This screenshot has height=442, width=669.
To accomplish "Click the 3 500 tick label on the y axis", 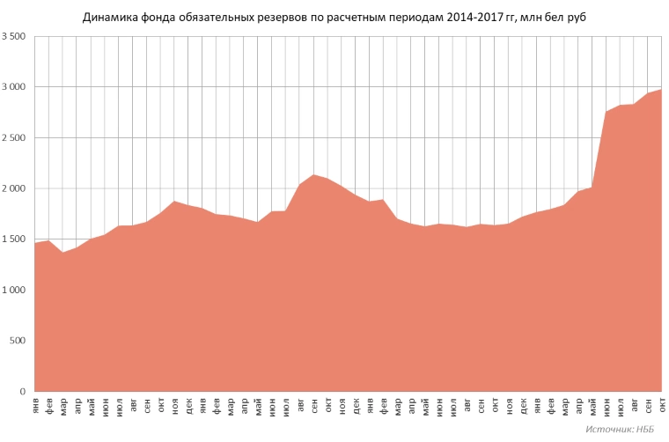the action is pos(14,36).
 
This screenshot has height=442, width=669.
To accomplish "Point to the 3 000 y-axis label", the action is pos(14,87).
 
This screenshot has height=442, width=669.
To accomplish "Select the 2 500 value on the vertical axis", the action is pos(14,138).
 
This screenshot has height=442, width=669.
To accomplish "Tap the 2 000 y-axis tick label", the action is pos(14,188).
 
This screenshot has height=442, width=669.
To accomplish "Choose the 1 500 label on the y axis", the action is pos(14,239).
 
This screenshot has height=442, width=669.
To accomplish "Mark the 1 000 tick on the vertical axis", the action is pos(14,290).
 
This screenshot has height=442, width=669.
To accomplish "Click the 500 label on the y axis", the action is pos(18,341).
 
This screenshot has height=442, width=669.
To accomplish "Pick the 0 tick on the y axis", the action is pos(23,392).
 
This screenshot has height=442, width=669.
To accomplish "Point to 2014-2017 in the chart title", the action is pos(473,18).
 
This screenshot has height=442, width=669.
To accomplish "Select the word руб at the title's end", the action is pos(577,18).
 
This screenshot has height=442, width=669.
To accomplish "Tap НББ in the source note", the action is pos(644,430).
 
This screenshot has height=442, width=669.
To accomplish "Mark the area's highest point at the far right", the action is pos(661,89).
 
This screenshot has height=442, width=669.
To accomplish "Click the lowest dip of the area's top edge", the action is pos(62,253).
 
